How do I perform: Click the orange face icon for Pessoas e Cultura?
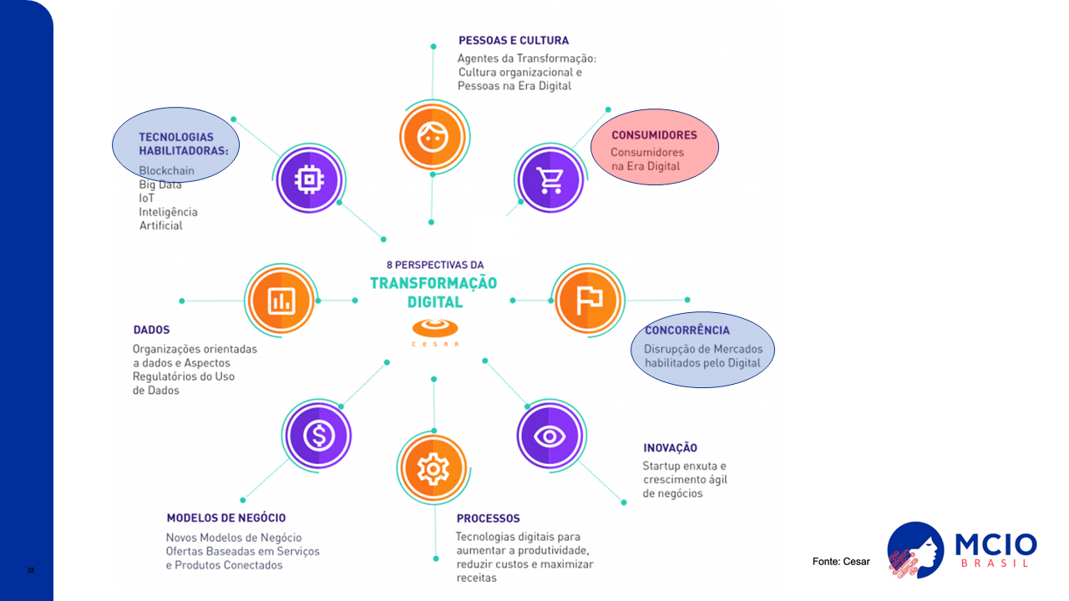pos(431,136)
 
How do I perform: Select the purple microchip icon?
pos(307,179)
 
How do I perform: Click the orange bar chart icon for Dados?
pos(280,300)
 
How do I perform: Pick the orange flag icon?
pos(589,300)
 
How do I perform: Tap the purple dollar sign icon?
pos(318,435)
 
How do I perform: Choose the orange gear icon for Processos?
pos(433,469)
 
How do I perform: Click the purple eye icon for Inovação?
pos(550,435)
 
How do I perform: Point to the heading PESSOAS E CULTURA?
pos(513,40)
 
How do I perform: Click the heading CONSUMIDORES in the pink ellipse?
pos(654,135)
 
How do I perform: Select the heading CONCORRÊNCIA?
pos(686,331)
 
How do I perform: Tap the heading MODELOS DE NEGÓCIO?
pos(225,518)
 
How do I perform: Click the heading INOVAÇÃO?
pos(670,448)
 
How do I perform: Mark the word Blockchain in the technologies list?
pos(166,171)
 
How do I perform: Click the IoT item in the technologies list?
pos(147,199)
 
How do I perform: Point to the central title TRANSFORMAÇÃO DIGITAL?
pos(433,291)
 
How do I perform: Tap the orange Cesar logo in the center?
pos(434,327)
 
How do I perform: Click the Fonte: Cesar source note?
pos(841,562)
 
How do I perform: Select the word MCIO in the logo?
pos(996,545)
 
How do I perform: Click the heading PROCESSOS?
pos(488,518)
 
